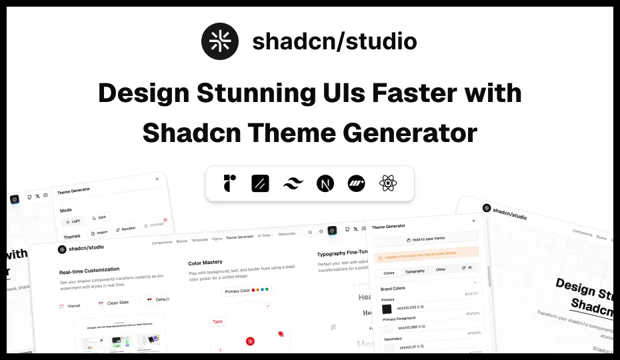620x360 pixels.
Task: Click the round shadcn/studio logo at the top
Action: pyautogui.click(x=220, y=41)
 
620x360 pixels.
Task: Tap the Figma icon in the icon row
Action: pyautogui.click(x=230, y=183)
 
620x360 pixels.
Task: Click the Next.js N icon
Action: pyautogui.click(x=325, y=183)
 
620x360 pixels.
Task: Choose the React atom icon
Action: pyautogui.click(x=388, y=183)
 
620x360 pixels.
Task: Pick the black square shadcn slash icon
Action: pyautogui.click(x=261, y=183)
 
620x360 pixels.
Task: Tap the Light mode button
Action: pyautogui.click(x=73, y=221)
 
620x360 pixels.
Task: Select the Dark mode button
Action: pyautogui.click(x=99, y=217)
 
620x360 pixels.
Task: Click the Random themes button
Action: pyautogui.click(x=125, y=229)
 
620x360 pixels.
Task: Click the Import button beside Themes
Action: pyautogui.click(x=99, y=233)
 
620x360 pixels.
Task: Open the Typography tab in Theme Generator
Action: pyautogui.click(x=415, y=271)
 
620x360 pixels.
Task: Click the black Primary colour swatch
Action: pyautogui.click(x=387, y=309)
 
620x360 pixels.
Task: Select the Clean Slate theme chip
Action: pyautogui.click(x=114, y=303)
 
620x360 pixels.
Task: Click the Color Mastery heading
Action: pyautogui.click(x=205, y=262)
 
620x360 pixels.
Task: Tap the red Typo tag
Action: pyautogui.click(x=218, y=321)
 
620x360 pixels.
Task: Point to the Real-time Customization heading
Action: pyautogui.click(x=93, y=272)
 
